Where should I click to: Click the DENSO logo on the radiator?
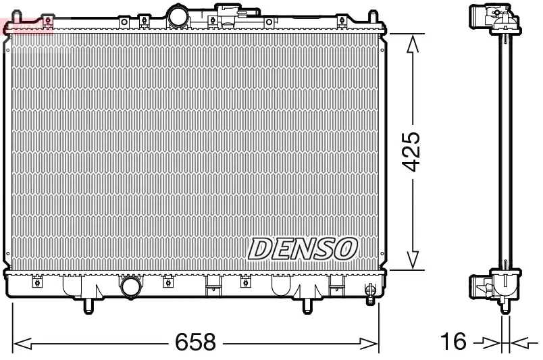(x=302, y=248)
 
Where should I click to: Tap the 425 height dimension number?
(x=412, y=151)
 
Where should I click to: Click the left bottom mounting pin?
(x=87, y=306)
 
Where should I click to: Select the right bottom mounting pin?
(x=307, y=306)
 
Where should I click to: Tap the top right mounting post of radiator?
(x=373, y=16)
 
